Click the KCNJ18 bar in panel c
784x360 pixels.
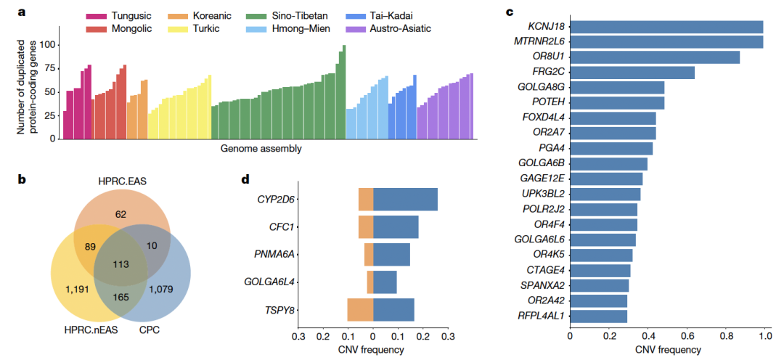[x=666, y=27]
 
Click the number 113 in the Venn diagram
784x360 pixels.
[x=121, y=263]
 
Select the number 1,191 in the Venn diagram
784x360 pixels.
[x=75, y=290]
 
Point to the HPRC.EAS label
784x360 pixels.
[x=121, y=181]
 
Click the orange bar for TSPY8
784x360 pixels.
[x=360, y=310]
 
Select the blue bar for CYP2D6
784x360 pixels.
[x=405, y=200]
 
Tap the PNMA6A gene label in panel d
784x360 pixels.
[x=275, y=255]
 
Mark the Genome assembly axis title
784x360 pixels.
[x=261, y=150]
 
